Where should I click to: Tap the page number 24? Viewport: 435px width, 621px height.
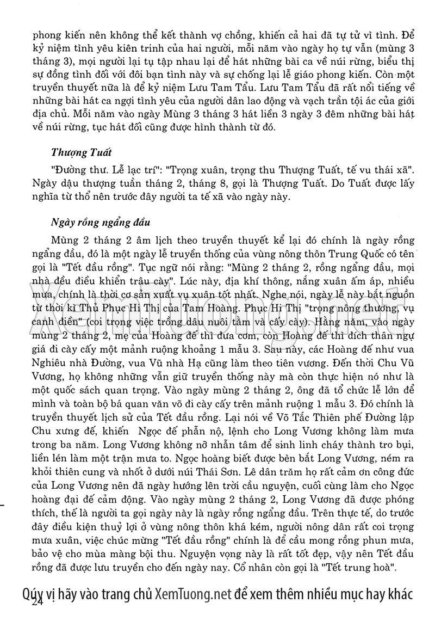coord(38,602)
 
